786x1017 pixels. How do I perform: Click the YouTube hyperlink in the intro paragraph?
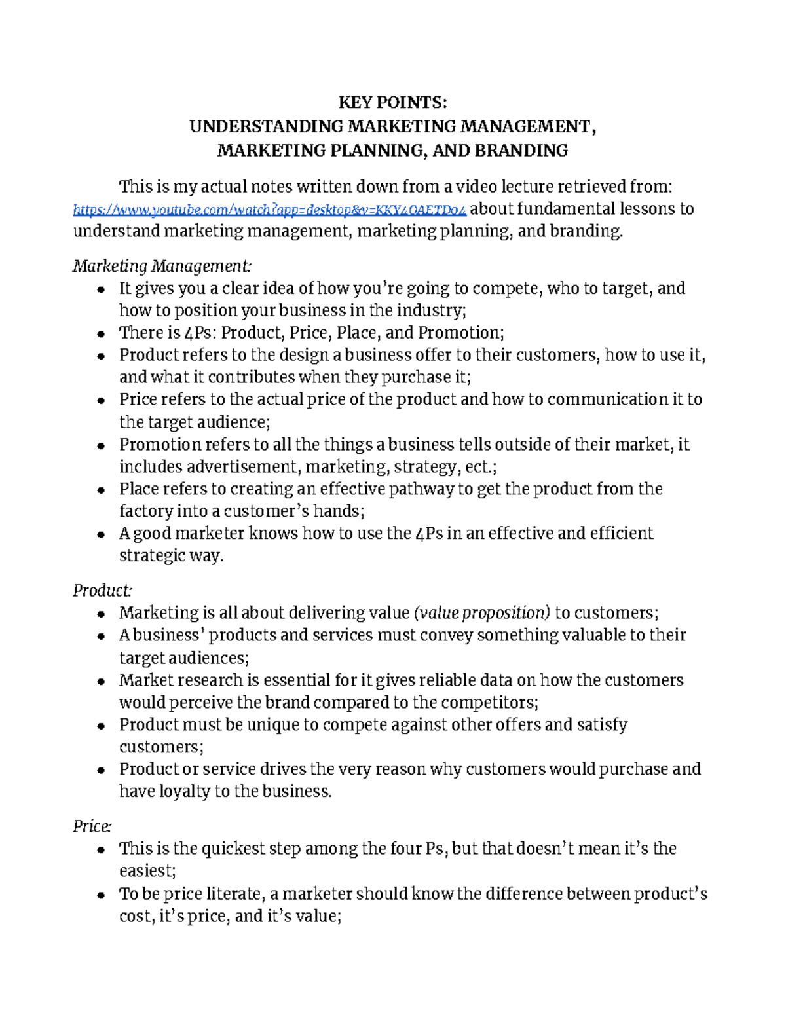pos(269,210)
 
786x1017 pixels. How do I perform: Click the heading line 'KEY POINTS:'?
pos(392,102)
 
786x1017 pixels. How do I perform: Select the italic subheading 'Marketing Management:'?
pos(161,266)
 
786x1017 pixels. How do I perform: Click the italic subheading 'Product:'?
pos(102,591)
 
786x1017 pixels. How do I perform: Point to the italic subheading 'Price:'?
pos(92,826)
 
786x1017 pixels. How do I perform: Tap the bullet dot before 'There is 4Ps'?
pos(100,333)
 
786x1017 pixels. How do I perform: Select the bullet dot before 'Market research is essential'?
pos(100,681)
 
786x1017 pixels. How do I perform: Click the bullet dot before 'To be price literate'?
pos(100,895)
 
